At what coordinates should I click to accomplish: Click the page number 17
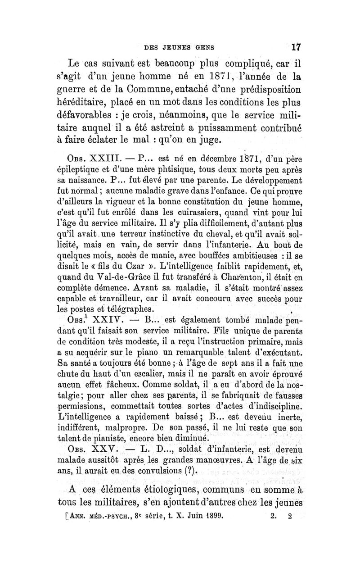pos(295,46)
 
